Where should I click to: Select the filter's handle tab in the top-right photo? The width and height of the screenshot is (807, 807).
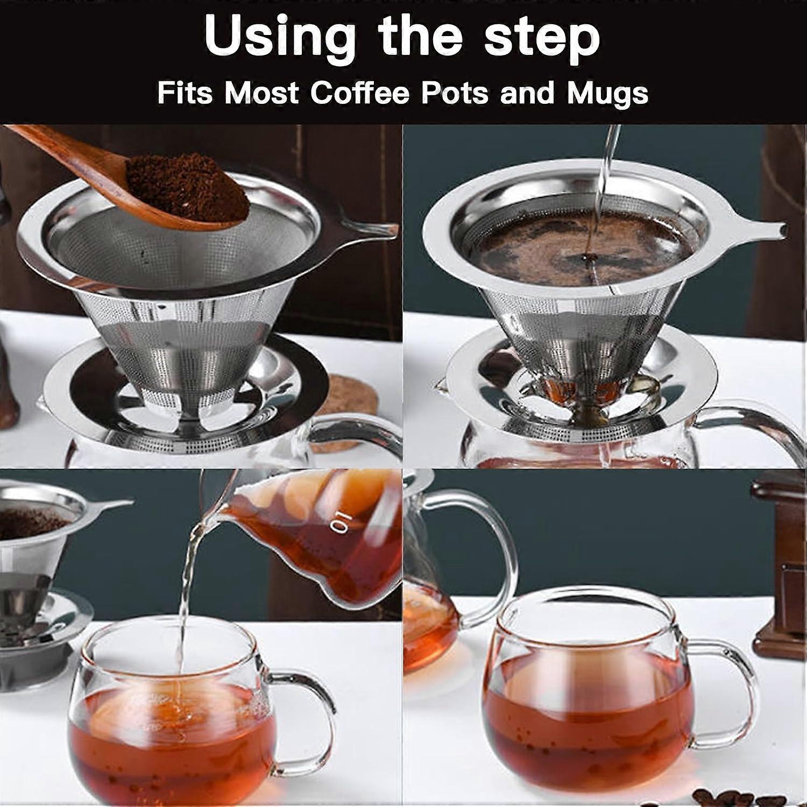pyautogui.click(x=764, y=229)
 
